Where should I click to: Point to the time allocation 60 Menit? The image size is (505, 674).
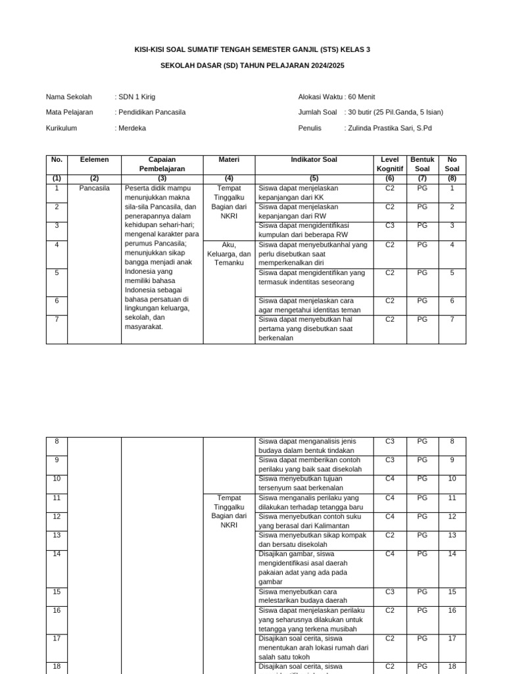[362, 97]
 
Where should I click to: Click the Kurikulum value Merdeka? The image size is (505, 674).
[132, 128]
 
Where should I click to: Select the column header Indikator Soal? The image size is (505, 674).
[314, 160]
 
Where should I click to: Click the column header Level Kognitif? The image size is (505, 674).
[390, 165]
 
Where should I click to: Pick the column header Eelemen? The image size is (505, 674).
[94, 160]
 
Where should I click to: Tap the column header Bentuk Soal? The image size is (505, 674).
[422, 165]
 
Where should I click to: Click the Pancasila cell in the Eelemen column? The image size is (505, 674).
[94, 188]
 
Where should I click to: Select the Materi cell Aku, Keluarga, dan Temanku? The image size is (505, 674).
[229, 253]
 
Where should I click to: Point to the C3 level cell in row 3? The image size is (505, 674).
[390, 226]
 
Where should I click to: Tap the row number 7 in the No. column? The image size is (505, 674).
[57, 320]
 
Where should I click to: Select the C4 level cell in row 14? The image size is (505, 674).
[390, 554]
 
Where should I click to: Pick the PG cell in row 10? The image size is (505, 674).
[422, 479]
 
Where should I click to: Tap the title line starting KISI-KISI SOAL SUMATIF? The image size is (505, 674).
[252, 50]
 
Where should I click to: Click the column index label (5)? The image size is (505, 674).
[314, 178]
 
